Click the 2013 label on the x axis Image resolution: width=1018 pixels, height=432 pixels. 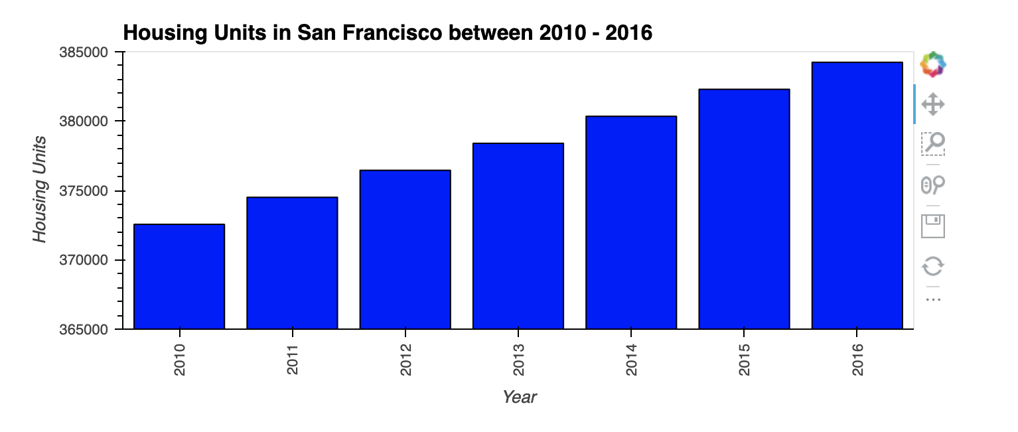pos(518,359)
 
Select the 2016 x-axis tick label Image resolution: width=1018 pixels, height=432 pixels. pos(857,359)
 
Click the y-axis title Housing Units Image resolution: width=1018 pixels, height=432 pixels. pos(40,189)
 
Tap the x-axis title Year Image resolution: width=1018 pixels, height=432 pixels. pos(519,397)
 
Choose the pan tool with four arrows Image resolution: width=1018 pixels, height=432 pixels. pos(933,104)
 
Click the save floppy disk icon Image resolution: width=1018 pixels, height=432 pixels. pos(933,226)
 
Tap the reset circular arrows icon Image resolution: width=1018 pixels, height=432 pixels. pos(933,266)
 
